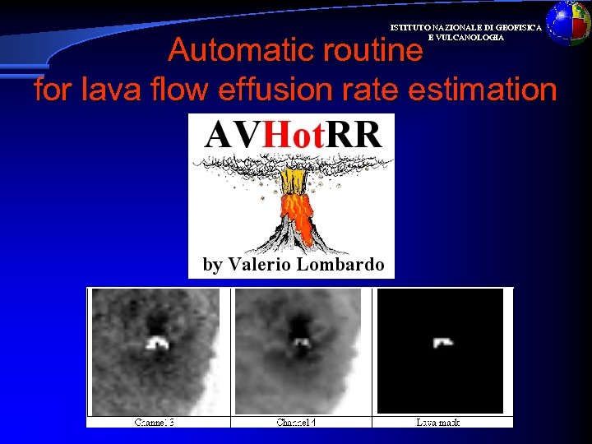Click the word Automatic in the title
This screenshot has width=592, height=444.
coord(223,52)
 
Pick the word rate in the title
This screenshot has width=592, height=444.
coord(360,90)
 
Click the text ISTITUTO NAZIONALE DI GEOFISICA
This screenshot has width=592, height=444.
coord(465,27)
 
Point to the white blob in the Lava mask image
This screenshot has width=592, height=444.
coord(443,341)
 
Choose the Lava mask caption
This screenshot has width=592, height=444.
coord(438,423)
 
